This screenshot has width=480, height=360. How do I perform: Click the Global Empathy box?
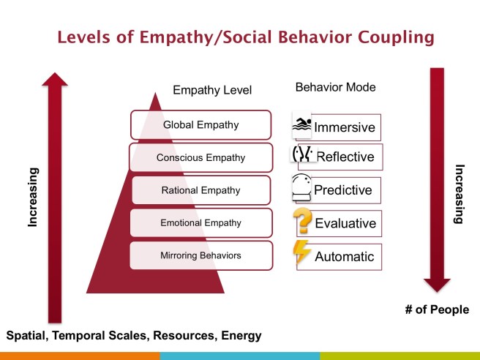(200, 124)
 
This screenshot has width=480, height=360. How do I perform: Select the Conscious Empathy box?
(200, 157)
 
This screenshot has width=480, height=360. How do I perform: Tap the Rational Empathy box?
(200, 190)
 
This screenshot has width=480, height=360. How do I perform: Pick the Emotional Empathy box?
(200, 223)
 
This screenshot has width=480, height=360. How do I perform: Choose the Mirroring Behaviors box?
(200, 255)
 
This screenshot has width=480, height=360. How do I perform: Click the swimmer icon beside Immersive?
(301, 125)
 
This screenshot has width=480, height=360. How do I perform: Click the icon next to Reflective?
(302, 155)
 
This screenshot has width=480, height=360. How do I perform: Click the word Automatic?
(344, 257)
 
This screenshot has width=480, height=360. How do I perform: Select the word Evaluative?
(345, 223)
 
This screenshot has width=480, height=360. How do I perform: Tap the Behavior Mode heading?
(335, 87)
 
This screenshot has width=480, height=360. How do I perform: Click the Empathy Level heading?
(212, 91)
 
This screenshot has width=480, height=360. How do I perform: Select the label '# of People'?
(436, 310)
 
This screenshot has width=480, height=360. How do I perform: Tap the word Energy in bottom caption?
(239, 336)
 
